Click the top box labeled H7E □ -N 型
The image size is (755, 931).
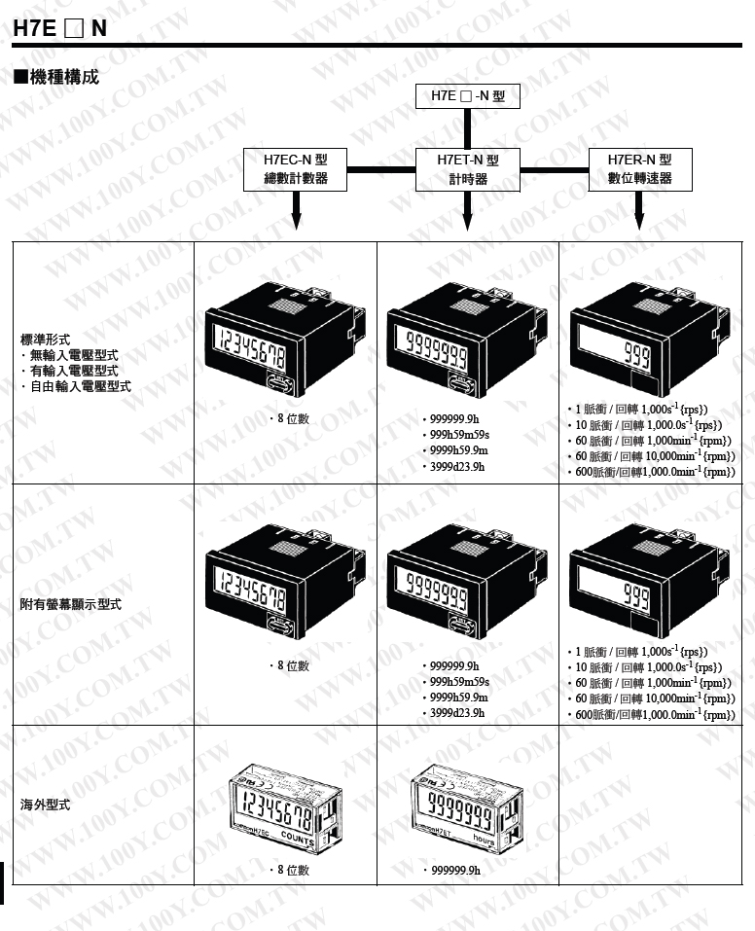468,96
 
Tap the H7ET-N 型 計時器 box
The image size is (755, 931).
468,169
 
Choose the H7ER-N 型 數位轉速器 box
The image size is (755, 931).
639,169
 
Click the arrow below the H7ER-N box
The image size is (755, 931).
639,212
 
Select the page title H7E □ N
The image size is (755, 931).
59,28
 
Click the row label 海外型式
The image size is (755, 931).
46,806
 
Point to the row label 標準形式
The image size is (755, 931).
46,340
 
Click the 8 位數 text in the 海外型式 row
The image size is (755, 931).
292,870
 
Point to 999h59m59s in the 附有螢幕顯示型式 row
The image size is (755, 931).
458,682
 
